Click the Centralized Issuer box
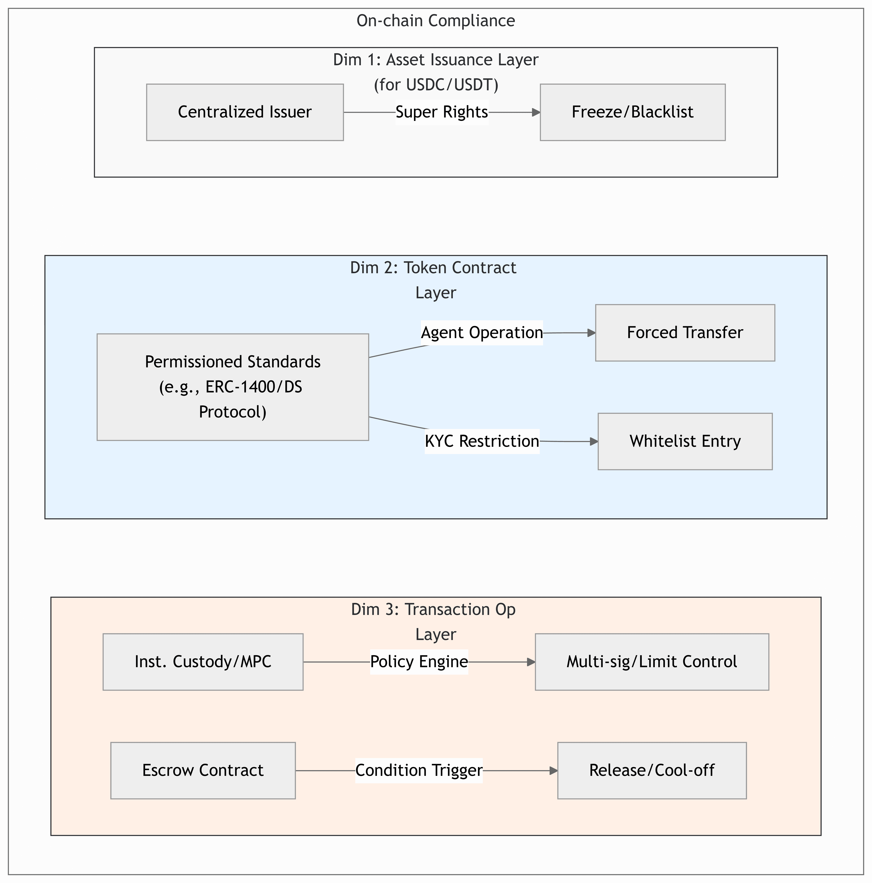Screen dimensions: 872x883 pos(245,112)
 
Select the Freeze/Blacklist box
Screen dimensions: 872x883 pos(633,112)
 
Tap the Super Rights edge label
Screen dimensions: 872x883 pos(442,112)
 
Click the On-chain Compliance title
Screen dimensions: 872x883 pos(436,21)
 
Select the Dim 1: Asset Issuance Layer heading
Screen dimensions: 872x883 pos(436,60)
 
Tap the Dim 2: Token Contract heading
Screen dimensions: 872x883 pos(433,268)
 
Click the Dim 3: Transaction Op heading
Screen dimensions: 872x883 pos(433,610)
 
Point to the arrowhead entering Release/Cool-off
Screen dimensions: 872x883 pos(554,770)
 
